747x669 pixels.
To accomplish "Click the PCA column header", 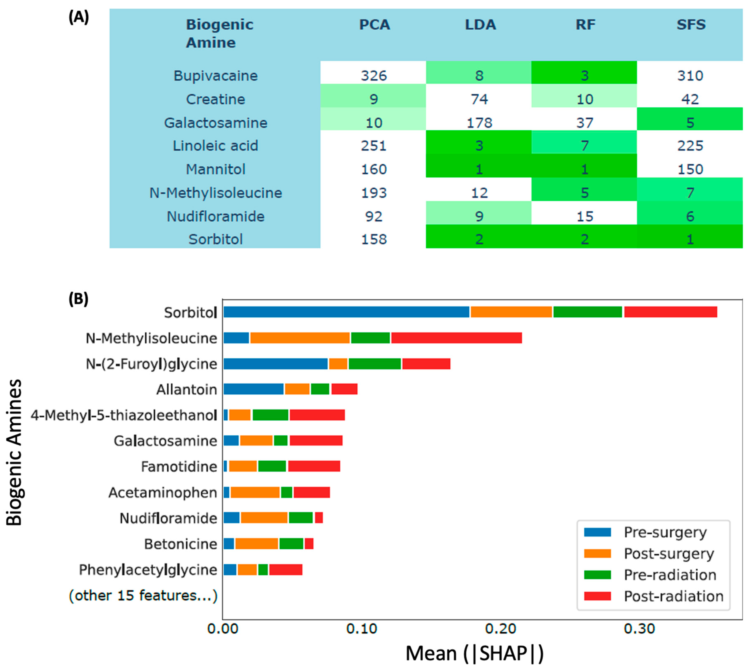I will (x=374, y=25).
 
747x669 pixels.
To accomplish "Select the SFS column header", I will (x=691, y=25).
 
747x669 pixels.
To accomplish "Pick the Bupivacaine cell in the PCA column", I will (x=373, y=76).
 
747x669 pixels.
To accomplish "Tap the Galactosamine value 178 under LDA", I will (x=479, y=123).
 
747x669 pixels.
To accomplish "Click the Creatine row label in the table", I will (x=215, y=99).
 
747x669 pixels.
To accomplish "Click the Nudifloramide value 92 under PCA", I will (x=373, y=216).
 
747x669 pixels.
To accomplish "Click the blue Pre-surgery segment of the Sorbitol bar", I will (x=346, y=312).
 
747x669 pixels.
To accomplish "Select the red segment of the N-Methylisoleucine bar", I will (x=456, y=338).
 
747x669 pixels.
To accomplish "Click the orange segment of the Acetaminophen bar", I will (x=255, y=492).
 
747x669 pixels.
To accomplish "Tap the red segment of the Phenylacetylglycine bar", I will (x=286, y=570).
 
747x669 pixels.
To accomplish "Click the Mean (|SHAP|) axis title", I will (x=474, y=653).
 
